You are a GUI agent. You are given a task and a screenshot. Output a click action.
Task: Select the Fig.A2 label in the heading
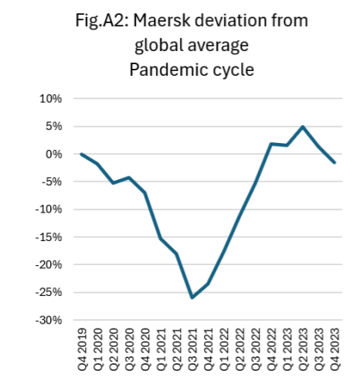click(x=102, y=20)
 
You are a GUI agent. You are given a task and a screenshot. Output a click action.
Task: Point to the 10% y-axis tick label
click(x=51, y=99)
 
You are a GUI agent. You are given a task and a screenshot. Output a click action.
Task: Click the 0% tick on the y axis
click(x=54, y=155)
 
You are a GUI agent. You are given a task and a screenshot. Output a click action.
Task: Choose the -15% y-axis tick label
click(x=49, y=237)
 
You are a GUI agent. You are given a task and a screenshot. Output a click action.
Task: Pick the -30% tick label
click(x=49, y=321)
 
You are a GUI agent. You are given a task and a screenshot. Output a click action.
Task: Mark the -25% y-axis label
click(x=49, y=293)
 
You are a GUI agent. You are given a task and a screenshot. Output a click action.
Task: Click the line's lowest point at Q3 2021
click(x=192, y=298)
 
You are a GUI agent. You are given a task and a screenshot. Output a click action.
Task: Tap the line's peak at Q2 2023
click(x=303, y=127)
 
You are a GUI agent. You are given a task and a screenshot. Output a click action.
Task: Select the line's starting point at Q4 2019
click(x=81, y=154)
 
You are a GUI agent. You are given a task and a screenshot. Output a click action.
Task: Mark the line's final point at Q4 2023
click(x=335, y=163)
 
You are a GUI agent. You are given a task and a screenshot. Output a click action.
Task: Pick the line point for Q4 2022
click(x=271, y=144)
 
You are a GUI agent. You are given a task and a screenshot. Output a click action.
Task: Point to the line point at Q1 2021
click(x=161, y=239)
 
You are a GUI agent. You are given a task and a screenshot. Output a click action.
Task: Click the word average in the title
click(x=219, y=46)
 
